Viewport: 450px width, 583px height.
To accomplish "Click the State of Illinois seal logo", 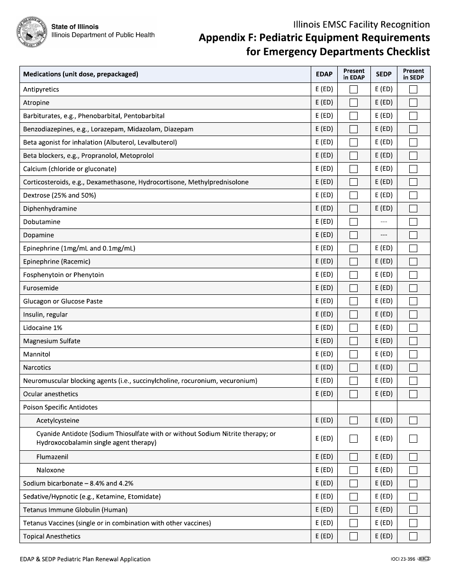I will pyautogui.click(x=32, y=31).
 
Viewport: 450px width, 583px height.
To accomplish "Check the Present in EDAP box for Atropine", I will pyautogui.click(x=353, y=102).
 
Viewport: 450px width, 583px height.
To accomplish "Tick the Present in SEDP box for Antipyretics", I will pyautogui.click(x=413, y=89).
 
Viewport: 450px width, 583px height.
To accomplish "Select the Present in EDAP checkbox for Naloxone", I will pyautogui.click(x=353, y=470).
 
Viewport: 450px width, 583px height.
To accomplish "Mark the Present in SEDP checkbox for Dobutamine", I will pyautogui.click(x=413, y=222).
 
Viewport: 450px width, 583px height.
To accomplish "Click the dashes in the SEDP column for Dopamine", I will pyautogui.click(x=384, y=235).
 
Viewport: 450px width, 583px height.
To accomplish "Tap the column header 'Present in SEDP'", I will pyautogui.click(x=413, y=74).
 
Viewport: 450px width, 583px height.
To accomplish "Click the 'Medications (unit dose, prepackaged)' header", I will pyautogui.click(x=81, y=74).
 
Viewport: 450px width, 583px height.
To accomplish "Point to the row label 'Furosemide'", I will pyautogui.click(x=41, y=288).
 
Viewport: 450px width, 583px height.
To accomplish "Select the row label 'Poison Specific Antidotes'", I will pyautogui.click(x=60, y=408).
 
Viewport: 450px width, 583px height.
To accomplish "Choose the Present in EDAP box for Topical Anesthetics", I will pyautogui.click(x=353, y=537).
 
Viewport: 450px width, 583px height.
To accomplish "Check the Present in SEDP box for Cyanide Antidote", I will pyautogui.click(x=413, y=439).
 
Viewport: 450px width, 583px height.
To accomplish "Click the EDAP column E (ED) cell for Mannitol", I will pyautogui.click(x=324, y=354).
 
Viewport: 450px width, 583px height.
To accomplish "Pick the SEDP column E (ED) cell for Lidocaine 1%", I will pyautogui.click(x=384, y=328).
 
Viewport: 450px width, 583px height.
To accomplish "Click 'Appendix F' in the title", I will pyautogui.click(x=224, y=38).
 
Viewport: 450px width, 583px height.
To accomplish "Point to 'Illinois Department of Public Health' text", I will pyautogui.click(x=103, y=35).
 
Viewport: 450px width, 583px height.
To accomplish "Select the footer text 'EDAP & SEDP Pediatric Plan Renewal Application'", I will pyautogui.click(x=85, y=559).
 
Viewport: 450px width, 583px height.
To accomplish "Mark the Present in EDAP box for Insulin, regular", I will pyautogui.click(x=353, y=315).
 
